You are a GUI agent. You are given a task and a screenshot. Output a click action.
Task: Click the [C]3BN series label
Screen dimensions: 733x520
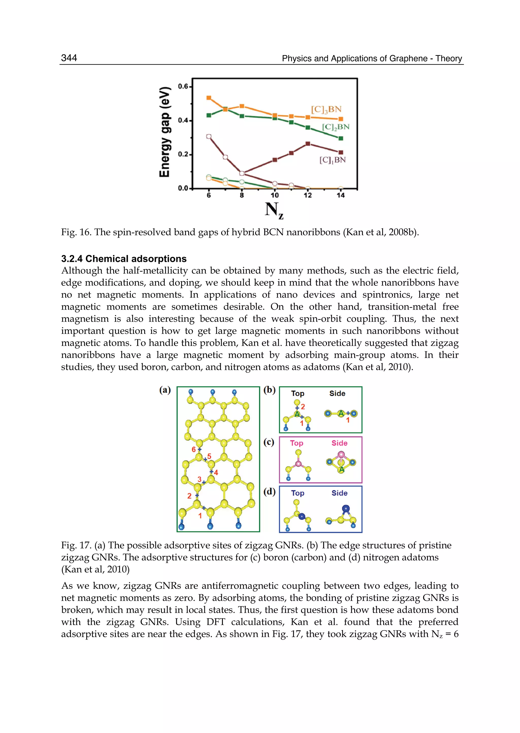tap(326, 110)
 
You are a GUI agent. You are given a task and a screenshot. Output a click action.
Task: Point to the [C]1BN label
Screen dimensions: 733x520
tap(332, 160)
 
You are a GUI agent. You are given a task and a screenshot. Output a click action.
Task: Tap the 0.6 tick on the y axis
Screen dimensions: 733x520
tap(183, 86)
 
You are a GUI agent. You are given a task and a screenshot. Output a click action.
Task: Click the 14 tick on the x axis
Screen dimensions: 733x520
tap(340, 195)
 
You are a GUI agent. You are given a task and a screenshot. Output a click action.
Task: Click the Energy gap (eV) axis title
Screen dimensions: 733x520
tap(165, 132)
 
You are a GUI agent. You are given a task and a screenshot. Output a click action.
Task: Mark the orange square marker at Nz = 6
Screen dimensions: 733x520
tap(209, 98)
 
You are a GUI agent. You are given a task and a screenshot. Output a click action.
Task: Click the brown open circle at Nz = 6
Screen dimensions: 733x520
tap(209, 137)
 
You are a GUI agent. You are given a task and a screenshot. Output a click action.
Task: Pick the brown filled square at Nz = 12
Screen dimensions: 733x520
tap(308, 144)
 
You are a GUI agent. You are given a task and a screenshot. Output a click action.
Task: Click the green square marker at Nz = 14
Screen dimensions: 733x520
tap(341, 139)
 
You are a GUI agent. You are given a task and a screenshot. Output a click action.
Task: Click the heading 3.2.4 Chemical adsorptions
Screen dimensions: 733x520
tap(124, 259)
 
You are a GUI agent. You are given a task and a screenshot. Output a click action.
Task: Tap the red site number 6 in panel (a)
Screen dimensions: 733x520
tap(193, 450)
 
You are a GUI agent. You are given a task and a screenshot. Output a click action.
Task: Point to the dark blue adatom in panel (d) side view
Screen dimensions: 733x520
tap(346, 508)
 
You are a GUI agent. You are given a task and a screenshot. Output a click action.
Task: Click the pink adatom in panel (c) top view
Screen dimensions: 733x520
tap(298, 464)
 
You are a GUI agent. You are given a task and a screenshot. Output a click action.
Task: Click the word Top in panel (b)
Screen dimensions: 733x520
tap(298, 394)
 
